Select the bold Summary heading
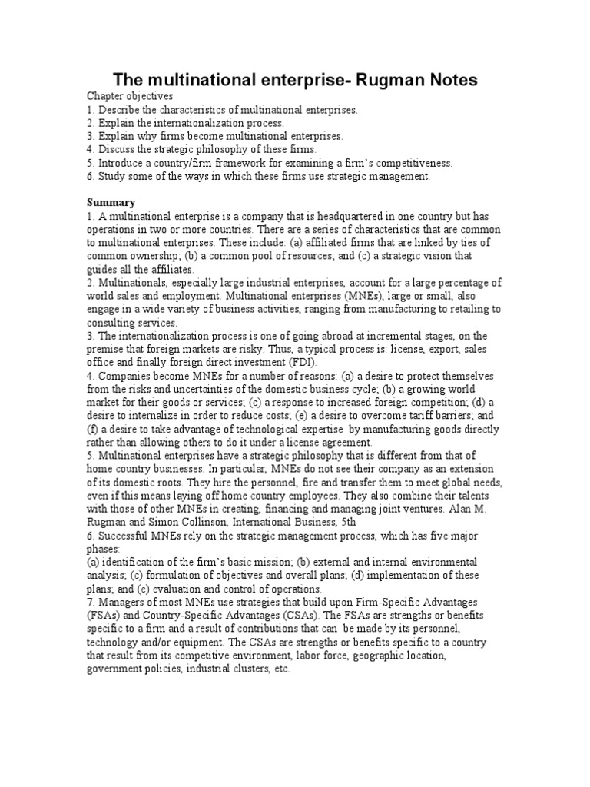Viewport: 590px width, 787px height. pyautogui.click(x=111, y=202)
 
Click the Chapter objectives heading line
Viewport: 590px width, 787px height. pyautogui.click(x=130, y=96)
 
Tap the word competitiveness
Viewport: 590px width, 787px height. pyautogui.click(x=413, y=163)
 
